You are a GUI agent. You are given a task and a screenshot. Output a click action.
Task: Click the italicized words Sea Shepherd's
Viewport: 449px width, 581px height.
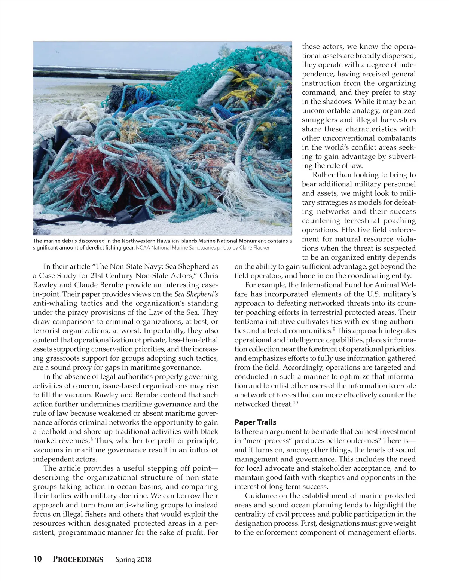(196, 294)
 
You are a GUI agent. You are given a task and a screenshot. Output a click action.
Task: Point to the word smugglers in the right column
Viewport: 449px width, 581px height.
(320, 120)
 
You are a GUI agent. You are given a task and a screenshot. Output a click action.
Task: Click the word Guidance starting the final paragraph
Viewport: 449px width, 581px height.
(261, 496)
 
